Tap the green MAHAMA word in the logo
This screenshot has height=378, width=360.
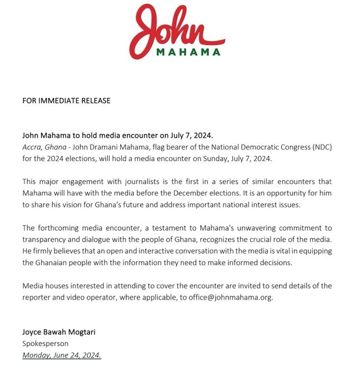(188, 53)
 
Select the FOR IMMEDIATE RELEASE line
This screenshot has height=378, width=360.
(66, 101)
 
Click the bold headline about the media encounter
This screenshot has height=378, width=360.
(117, 135)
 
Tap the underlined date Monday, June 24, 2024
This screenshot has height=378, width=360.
(62, 355)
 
